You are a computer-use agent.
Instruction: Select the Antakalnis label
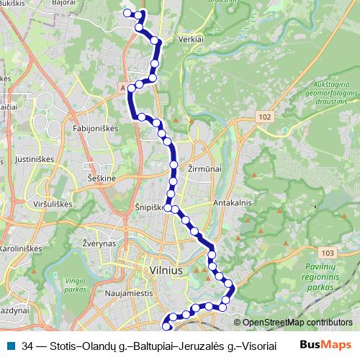pyautogui.click(x=232, y=203)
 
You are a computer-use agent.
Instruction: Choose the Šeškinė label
pyautogui.click(x=101, y=176)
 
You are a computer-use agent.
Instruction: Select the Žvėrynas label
pyautogui.click(x=99, y=244)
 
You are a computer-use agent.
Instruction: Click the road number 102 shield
pyautogui.click(x=266, y=117)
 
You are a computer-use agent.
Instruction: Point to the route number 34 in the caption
pyautogui.click(x=27, y=345)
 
